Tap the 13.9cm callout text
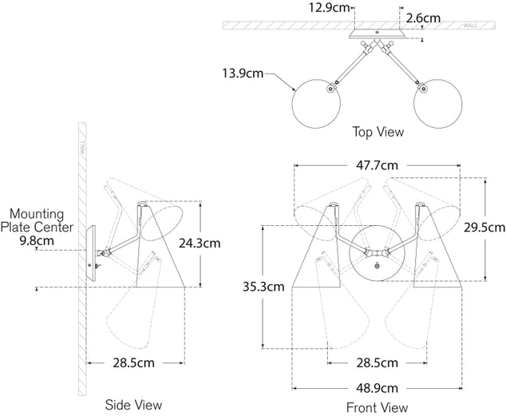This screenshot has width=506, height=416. pyautogui.click(x=243, y=74)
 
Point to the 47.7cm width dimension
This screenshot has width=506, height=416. pyautogui.click(x=378, y=166)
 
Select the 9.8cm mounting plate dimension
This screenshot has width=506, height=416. pyautogui.click(x=36, y=240)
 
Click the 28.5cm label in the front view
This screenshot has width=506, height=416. pyautogui.click(x=376, y=362)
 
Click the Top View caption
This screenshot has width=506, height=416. pyautogui.click(x=378, y=132)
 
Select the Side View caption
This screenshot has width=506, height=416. pyautogui.click(x=133, y=405)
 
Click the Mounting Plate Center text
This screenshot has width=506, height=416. pyautogui.click(x=42, y=220)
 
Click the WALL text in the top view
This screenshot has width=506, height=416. pyautogui.click(x=470, y=26)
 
